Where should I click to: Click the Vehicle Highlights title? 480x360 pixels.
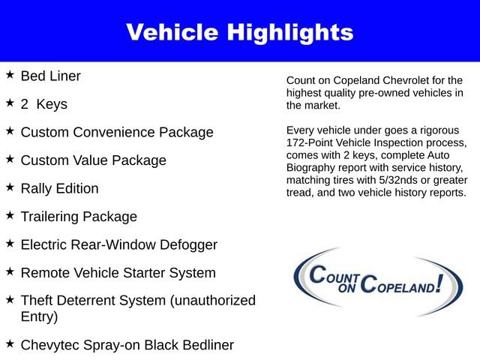coord(239,32)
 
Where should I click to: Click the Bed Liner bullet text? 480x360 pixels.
coord(50,76)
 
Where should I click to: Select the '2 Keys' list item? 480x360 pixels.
coord(43,104)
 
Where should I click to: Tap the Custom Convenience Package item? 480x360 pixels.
coord(116,133)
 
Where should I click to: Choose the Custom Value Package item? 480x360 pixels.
coord(93,160)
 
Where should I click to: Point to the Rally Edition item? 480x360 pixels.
coord(59,189)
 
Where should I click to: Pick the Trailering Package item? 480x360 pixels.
coord(79,217)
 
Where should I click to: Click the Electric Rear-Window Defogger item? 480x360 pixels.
coord(118,245)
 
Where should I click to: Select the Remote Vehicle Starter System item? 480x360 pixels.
coord(118,273)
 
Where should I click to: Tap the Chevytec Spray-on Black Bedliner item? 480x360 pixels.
coord(127,345)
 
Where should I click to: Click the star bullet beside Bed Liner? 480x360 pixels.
coord(10,75)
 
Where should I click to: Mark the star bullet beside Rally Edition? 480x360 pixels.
coord(10,187)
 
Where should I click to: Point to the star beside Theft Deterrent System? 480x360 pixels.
coord(10,299)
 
